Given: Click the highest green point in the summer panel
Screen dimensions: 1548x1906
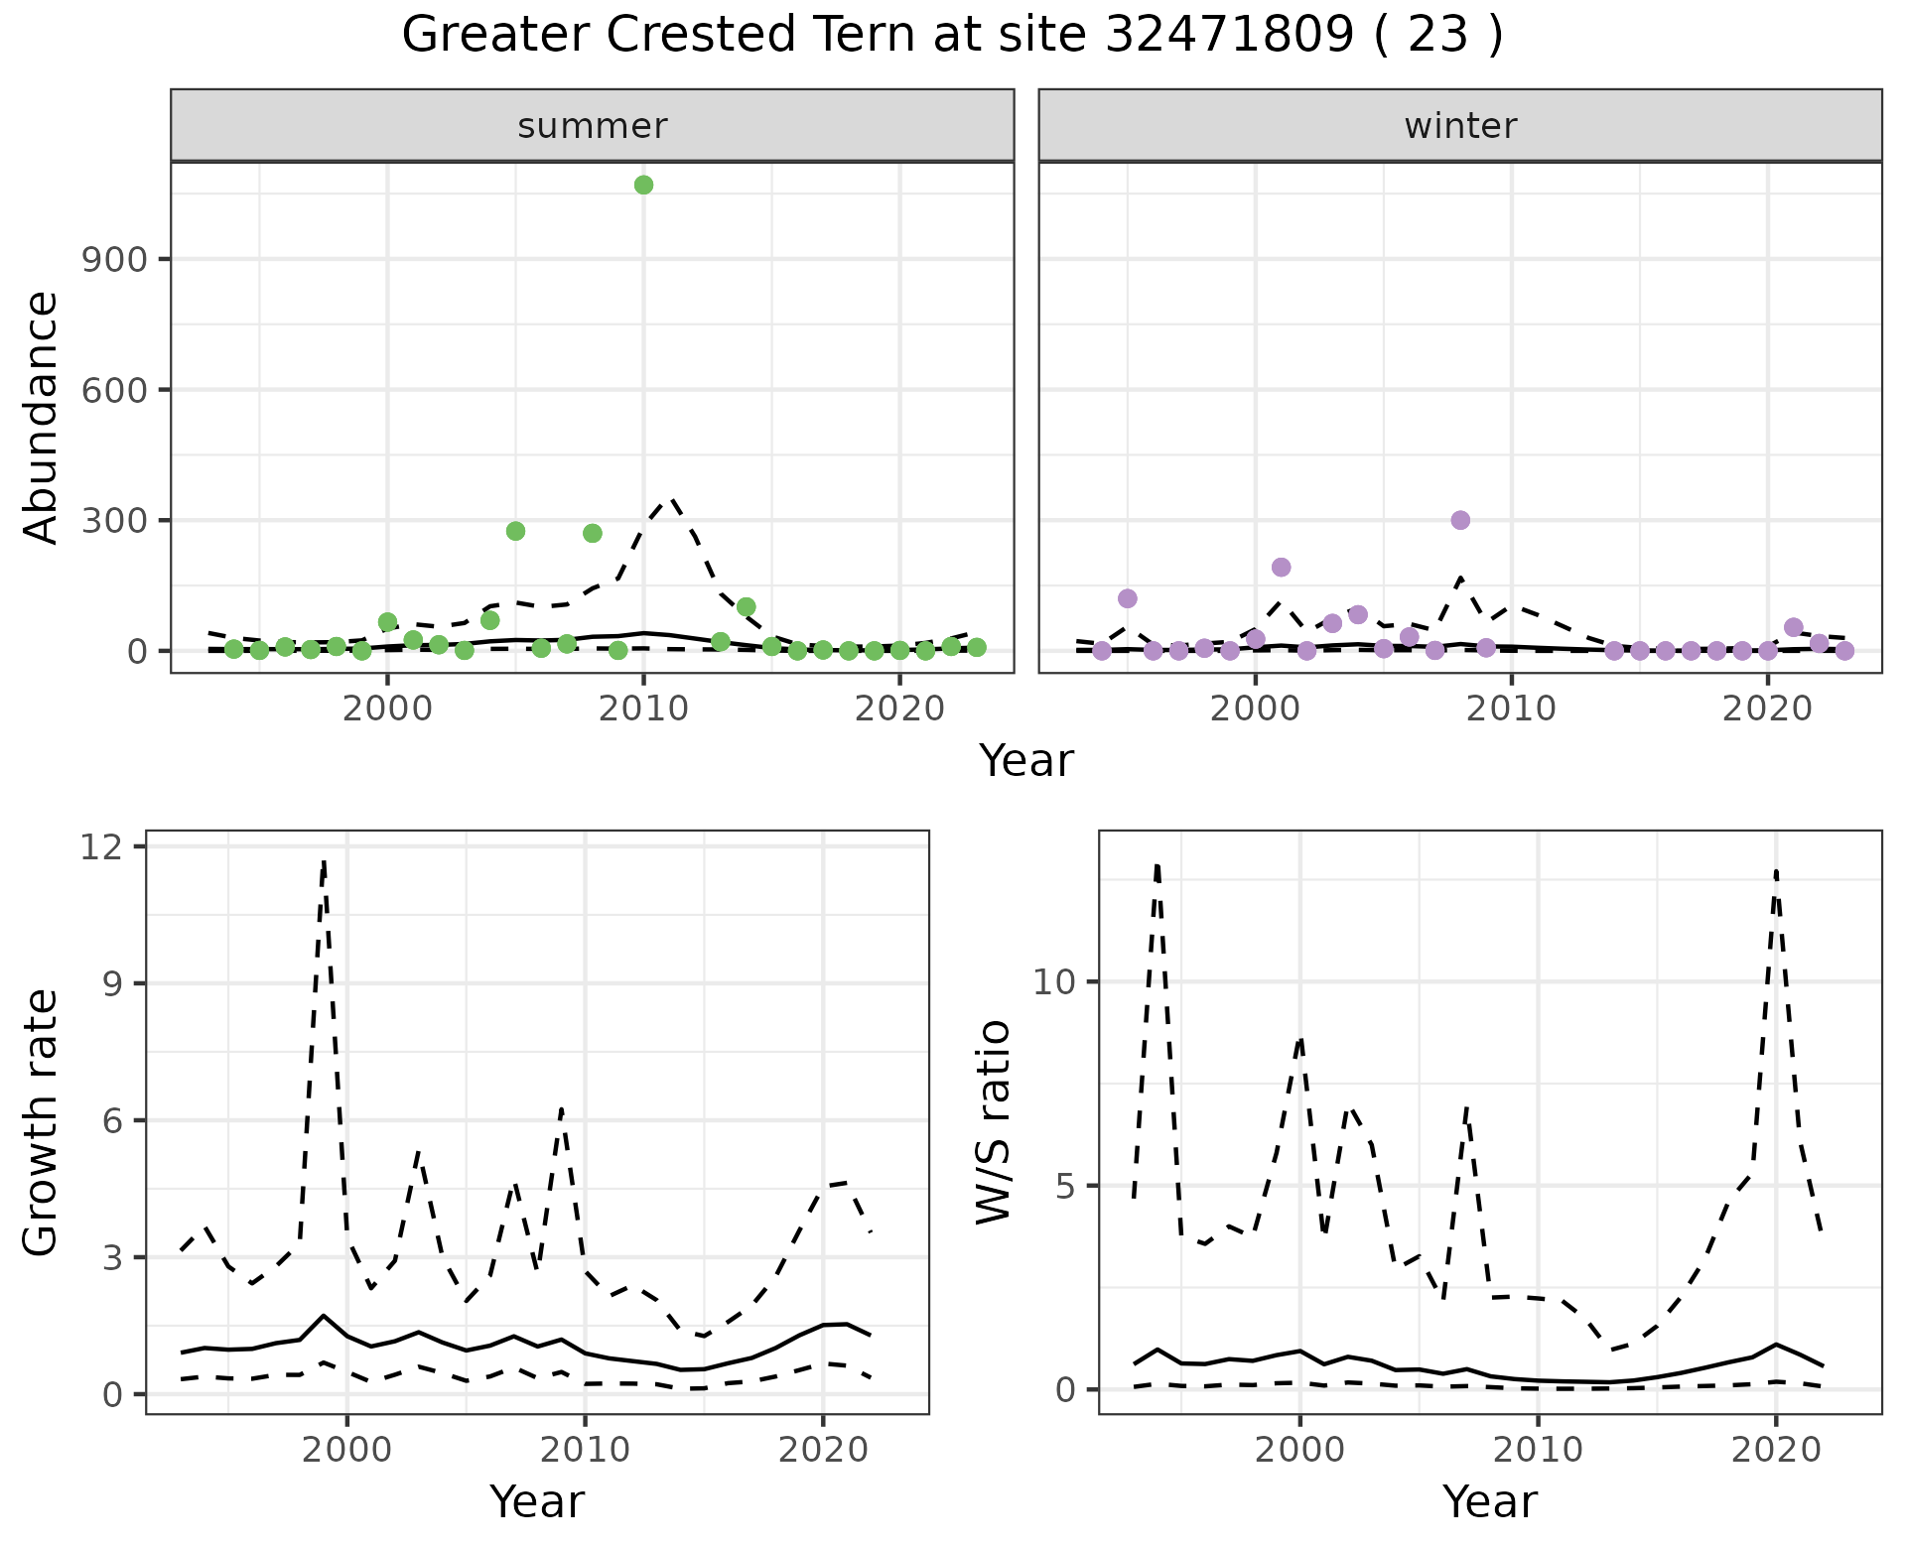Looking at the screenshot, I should pyautogui.click(x=643, y=186).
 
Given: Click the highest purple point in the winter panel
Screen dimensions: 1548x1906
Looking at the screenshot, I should pyautogui.click(x=1460, y=520).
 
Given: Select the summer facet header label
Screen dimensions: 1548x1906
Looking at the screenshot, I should pyautogui.click(x=593, y=126).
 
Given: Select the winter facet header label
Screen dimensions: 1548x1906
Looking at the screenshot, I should pyautogui.click(x=1460, y=126).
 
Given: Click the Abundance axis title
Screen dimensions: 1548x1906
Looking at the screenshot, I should pyautogui.click(x=42, y=417).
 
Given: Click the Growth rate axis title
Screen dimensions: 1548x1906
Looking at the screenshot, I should pyautogui.click(x=42, y=1121).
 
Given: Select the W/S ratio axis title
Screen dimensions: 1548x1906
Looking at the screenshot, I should pyautogui.click(x=993, y=1121).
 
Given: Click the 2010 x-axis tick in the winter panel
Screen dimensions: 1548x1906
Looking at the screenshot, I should pyautogui.click(x=1512, y=709).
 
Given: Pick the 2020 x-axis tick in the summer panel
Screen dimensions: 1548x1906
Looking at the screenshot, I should pyautogui.click(x=899, y=709).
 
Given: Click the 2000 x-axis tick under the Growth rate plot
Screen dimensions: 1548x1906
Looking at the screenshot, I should pyautogui.click(x=346, y=1450).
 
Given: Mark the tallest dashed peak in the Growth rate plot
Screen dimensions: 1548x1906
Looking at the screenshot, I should pyautogui.click(x=324, y=861).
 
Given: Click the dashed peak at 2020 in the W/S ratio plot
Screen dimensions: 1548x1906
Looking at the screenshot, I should pyautogui.click(x=1775, y=871).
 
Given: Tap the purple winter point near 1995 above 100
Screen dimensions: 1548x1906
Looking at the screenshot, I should pyautogui.click(x=1127, y=598).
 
